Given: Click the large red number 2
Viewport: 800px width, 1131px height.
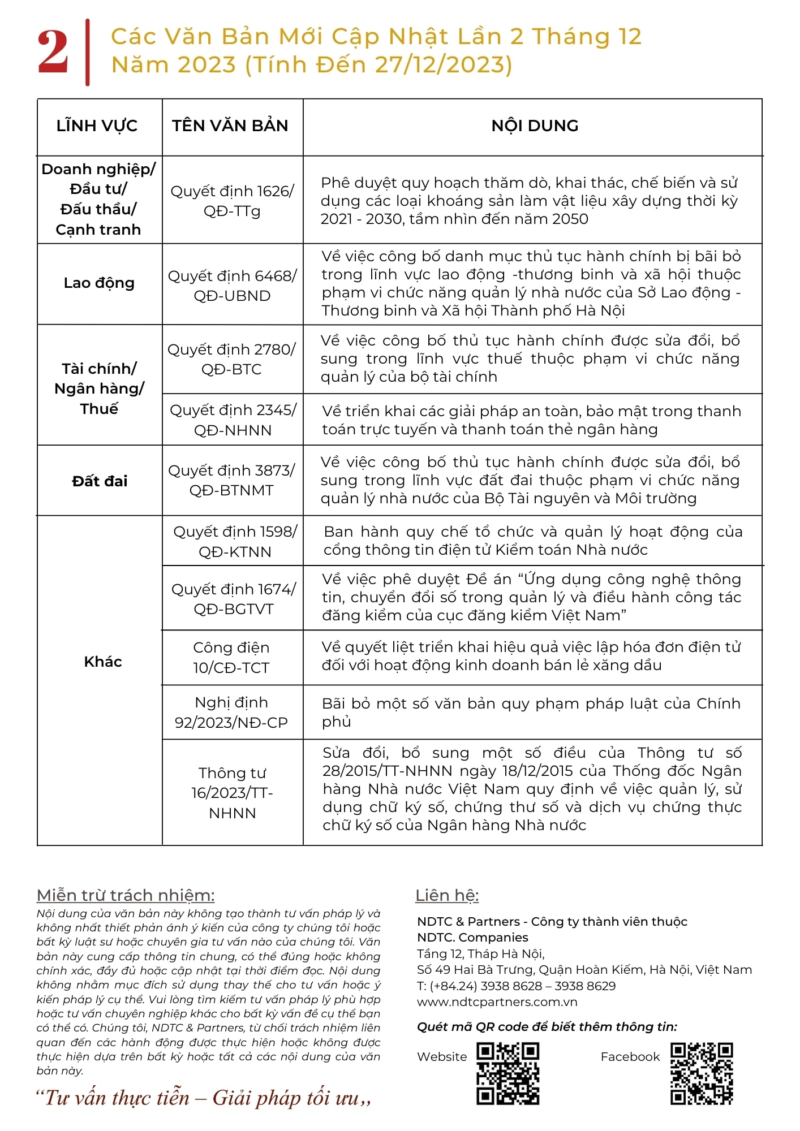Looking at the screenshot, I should (53, 53).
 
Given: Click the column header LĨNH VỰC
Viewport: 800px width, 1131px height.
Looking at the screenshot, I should (97, 126).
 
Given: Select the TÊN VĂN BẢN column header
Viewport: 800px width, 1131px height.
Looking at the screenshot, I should (230, 126).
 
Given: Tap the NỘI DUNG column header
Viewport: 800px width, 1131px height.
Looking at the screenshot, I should (535, 126).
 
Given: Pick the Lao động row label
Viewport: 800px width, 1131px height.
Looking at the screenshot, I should (99, 283).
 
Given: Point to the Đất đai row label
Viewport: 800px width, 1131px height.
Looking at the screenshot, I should (100, 481).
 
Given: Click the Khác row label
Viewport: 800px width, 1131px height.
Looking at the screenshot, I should (103, 662).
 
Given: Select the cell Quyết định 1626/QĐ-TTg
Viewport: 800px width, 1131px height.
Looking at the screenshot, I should (232, 201).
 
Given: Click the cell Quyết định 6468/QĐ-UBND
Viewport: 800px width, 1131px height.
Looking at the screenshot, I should (232, 286).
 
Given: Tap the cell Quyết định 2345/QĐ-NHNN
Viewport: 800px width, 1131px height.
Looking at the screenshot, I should (233, 420).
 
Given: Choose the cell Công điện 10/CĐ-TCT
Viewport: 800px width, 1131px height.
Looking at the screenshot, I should (231, 658).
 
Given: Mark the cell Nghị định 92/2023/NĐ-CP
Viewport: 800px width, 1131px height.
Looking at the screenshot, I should (231, 713).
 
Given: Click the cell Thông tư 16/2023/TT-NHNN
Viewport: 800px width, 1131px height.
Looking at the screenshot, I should (232, 793).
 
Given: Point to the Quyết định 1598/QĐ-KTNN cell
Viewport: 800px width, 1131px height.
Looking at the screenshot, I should (235, 541).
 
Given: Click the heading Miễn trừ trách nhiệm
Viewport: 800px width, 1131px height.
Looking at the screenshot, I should (126, 896).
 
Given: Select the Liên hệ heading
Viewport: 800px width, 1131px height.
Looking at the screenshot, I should (447, 896).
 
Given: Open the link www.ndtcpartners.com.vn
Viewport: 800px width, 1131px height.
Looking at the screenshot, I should (497, 1002).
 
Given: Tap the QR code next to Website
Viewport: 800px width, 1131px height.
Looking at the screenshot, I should (507, 1073).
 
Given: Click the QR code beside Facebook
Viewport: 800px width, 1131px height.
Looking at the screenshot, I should (702, 1073).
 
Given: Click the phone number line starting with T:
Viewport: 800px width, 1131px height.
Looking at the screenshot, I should (516, 986).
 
